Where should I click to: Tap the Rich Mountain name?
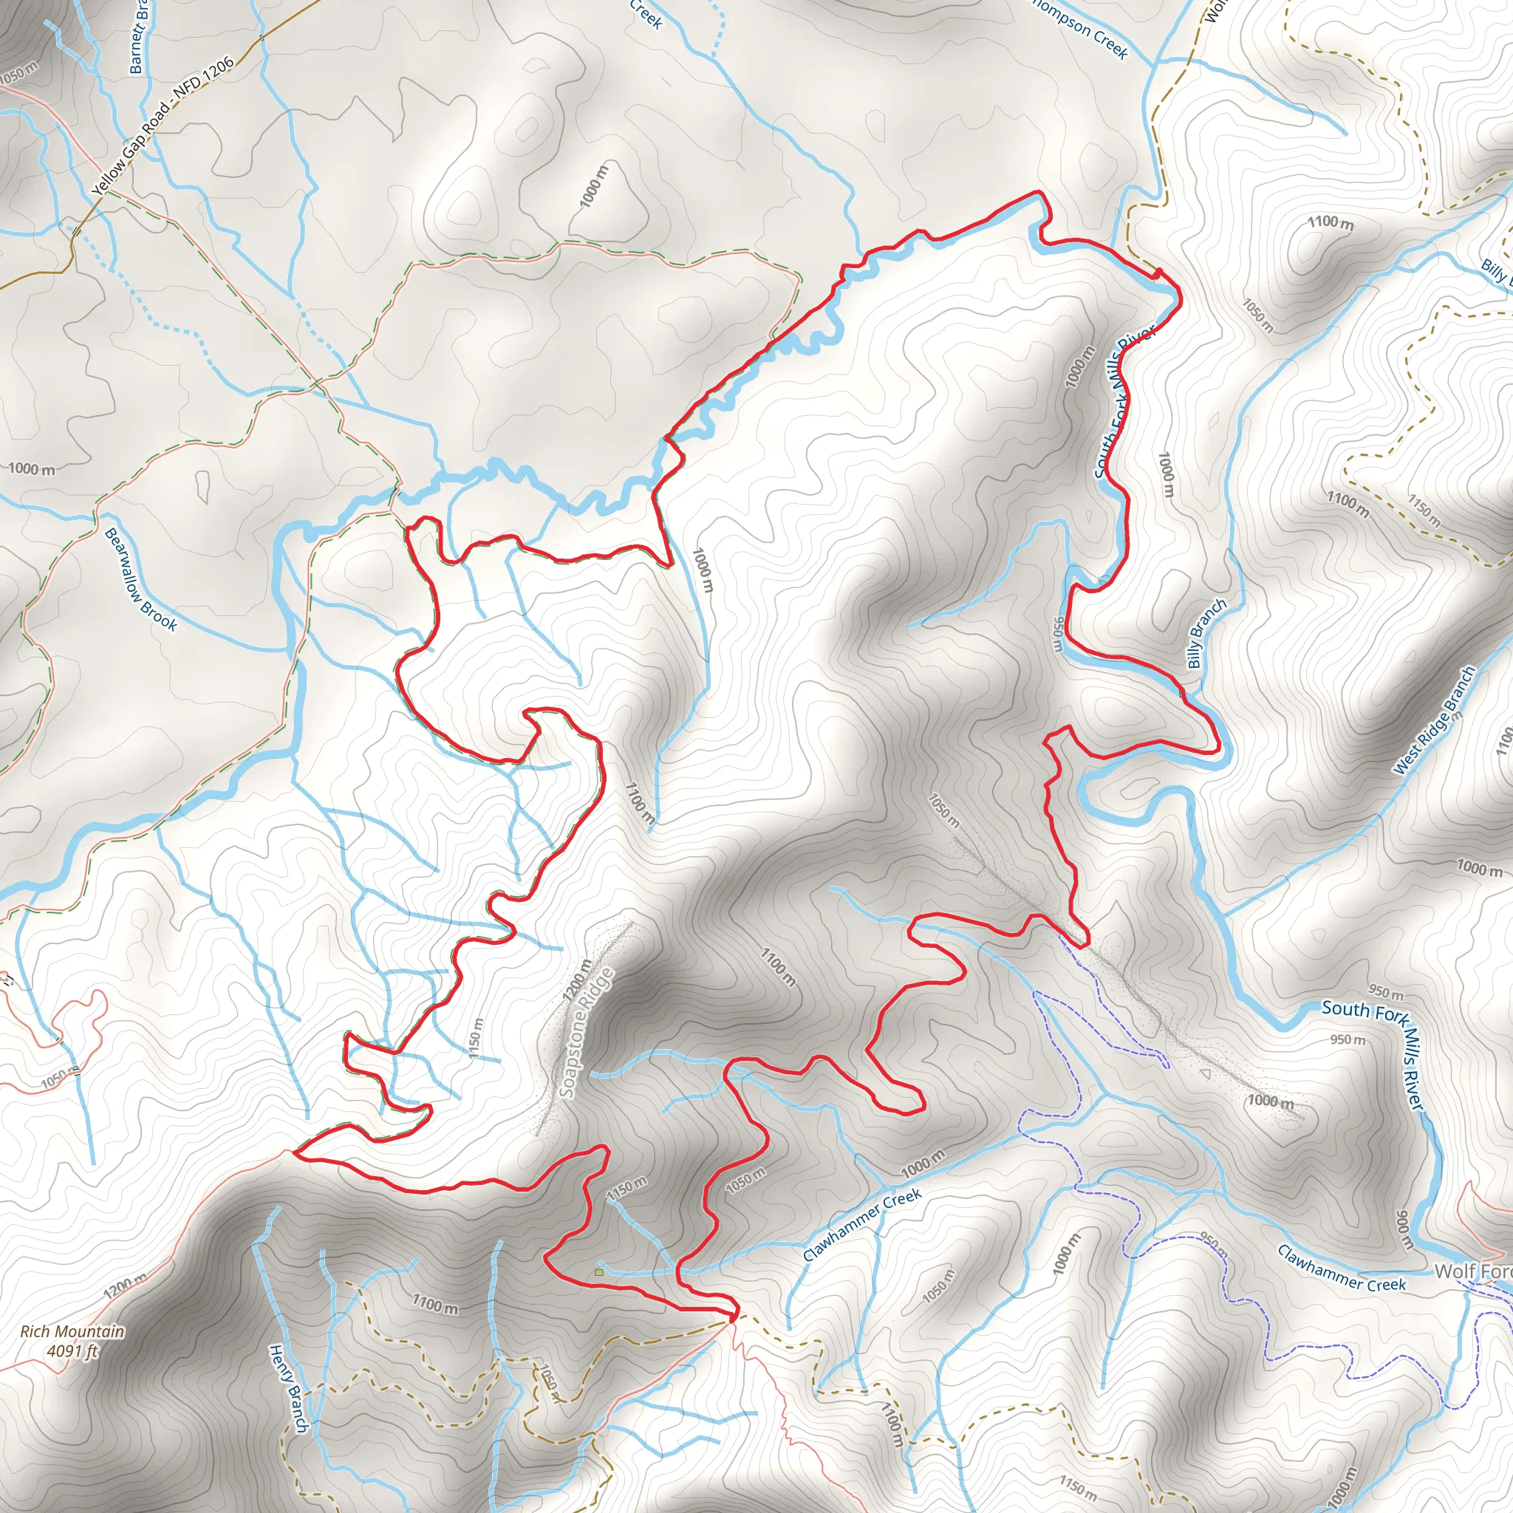pyautogui.click(x=72, y=1331)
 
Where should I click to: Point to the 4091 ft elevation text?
pyautogui.click(x=72, y=1351)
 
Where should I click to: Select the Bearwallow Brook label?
pyautogui.click(x=141, y=578)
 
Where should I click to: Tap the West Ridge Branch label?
pyautogui.click(x=1435, y=720)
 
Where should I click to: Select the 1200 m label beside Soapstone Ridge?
pyautogui.click(x=576, y=980)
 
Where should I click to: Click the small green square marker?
pyautogui.click(x=599, y=1273)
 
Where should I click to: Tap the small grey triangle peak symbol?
pyautogui.click(x=1205, y=1073)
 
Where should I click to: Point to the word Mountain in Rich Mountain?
pyautogui.click(x=93, y=1331)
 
